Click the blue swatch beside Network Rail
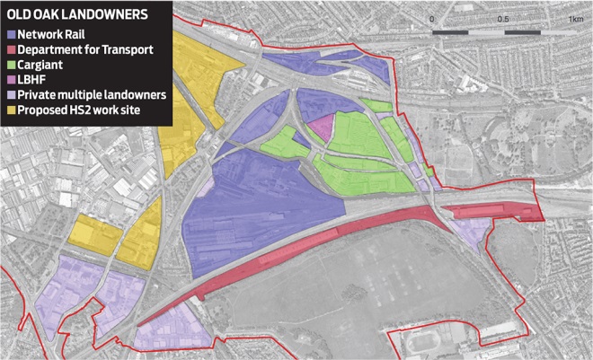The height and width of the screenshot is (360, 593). click(11, 32)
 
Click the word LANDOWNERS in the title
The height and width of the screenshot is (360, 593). click(112, 14)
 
